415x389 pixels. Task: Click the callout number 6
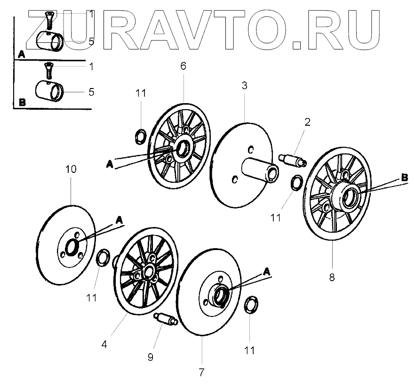click(x=183, y=65)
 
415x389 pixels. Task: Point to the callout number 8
click(x=332, y=277)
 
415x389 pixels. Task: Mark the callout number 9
click(x=150, y=357)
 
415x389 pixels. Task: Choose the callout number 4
click(x=104, y=344)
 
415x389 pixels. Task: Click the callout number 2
click(x=307, y=122)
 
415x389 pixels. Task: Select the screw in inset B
click(x=48, y=71)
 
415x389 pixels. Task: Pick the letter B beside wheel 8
click(x=403, y=177)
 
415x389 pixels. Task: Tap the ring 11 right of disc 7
click(x=251, y=305)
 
